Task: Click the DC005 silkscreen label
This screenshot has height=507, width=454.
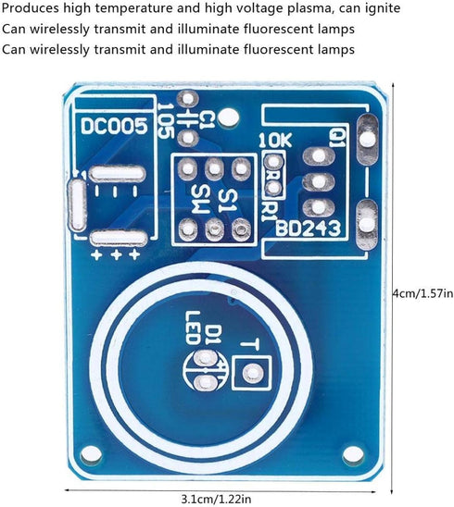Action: (114, 126)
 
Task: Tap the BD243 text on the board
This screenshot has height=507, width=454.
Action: (309, 229)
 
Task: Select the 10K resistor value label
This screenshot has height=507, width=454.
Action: (275, 140)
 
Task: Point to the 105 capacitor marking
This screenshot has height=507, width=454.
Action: (166, 121)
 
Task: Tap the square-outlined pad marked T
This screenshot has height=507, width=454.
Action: (252, 373)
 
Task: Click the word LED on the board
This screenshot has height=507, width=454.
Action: (193, 328)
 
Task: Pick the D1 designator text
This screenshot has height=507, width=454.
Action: (214, 335)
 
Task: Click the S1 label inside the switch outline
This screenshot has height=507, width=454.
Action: (228, 201)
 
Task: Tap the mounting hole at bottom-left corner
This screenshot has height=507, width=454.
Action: (92, 454)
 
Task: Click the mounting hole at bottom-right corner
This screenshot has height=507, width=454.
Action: (353, 454)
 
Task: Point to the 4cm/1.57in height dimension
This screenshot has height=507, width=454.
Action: (422, 293)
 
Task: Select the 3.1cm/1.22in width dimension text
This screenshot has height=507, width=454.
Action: (216, 499)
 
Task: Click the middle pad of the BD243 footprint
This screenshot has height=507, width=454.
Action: (319, 181)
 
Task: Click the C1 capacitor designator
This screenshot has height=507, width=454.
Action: (207, 120)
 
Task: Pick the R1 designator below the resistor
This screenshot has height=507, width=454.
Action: (269, 212)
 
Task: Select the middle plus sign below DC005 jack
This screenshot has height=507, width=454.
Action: (116, 255)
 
